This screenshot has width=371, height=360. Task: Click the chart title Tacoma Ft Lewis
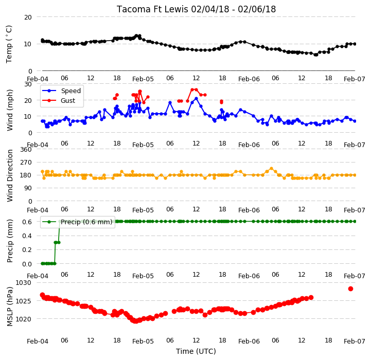click(x=152, y=9)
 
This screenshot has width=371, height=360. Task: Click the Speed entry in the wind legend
click(x=70, y=91)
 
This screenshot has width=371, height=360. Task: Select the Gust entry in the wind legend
click(x=68, y=100)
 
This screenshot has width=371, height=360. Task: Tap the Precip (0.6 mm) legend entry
click(x=86, y=222)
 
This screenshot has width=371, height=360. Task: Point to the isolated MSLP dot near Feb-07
click(x=350, y=289)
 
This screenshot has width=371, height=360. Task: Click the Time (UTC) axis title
click(x=196, y=351)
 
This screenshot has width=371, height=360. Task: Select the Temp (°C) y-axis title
click(x=9, y=44)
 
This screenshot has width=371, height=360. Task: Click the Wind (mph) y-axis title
click(x=10, y=110)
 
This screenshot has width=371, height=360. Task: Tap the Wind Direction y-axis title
click(x=10, y=175)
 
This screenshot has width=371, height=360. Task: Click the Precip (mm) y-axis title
click(x=10, y=241)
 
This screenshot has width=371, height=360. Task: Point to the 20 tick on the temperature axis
click(x=28, y=17)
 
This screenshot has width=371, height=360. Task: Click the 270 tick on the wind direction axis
click(x=26, y=163)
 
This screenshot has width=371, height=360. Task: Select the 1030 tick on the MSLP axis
click(x=23, y=283)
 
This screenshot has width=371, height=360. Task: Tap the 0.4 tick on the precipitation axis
click(x=27, y=236)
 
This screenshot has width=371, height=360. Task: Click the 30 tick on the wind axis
click(x=28, y=84)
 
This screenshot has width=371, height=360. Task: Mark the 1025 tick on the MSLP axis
click(x=23, y=301)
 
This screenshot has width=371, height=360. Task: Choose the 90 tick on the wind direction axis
click(x=28, y=188)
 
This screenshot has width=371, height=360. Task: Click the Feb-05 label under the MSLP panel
click(x=143, y=341)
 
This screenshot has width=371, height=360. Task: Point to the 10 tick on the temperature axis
click(x=28, y=44)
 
